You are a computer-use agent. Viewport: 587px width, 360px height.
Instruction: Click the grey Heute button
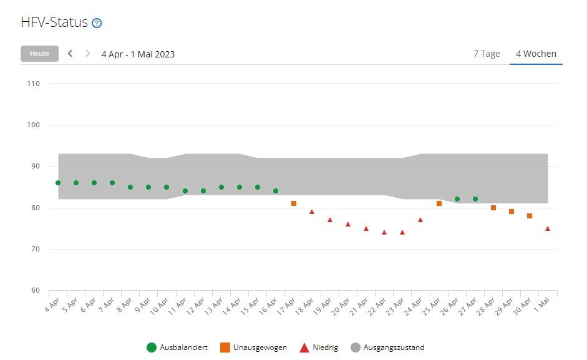pos(39,54)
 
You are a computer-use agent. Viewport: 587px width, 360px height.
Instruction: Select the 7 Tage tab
pos(487,54)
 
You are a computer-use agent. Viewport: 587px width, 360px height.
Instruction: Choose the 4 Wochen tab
pos(536,54)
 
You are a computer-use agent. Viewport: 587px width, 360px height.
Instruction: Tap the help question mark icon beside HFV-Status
pos(97,23)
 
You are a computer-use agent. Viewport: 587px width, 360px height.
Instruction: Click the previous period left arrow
pos(70,54)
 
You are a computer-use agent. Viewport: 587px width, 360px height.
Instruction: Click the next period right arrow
pos(87,54)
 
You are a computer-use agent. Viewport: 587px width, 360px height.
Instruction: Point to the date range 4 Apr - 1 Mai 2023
pos(138,54)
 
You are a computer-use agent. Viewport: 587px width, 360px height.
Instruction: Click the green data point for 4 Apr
pos(58,183)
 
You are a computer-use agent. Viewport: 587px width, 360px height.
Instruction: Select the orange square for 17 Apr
pos(294,203)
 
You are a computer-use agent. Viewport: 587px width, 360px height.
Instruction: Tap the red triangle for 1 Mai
pos(548,228)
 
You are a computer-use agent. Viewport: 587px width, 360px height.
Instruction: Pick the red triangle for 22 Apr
pos(384,232)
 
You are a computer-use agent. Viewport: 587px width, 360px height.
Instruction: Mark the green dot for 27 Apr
pos(475,199)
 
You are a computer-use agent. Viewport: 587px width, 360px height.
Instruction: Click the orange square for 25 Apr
pos(439,203)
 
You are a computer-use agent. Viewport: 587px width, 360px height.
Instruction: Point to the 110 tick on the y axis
pos(33,84)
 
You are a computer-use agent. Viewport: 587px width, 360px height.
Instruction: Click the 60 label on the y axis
pos(35,291)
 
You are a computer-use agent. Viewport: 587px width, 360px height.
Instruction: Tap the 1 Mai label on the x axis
pos(542,304)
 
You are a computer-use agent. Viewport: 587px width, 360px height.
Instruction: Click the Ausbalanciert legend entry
pos(178,348)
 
